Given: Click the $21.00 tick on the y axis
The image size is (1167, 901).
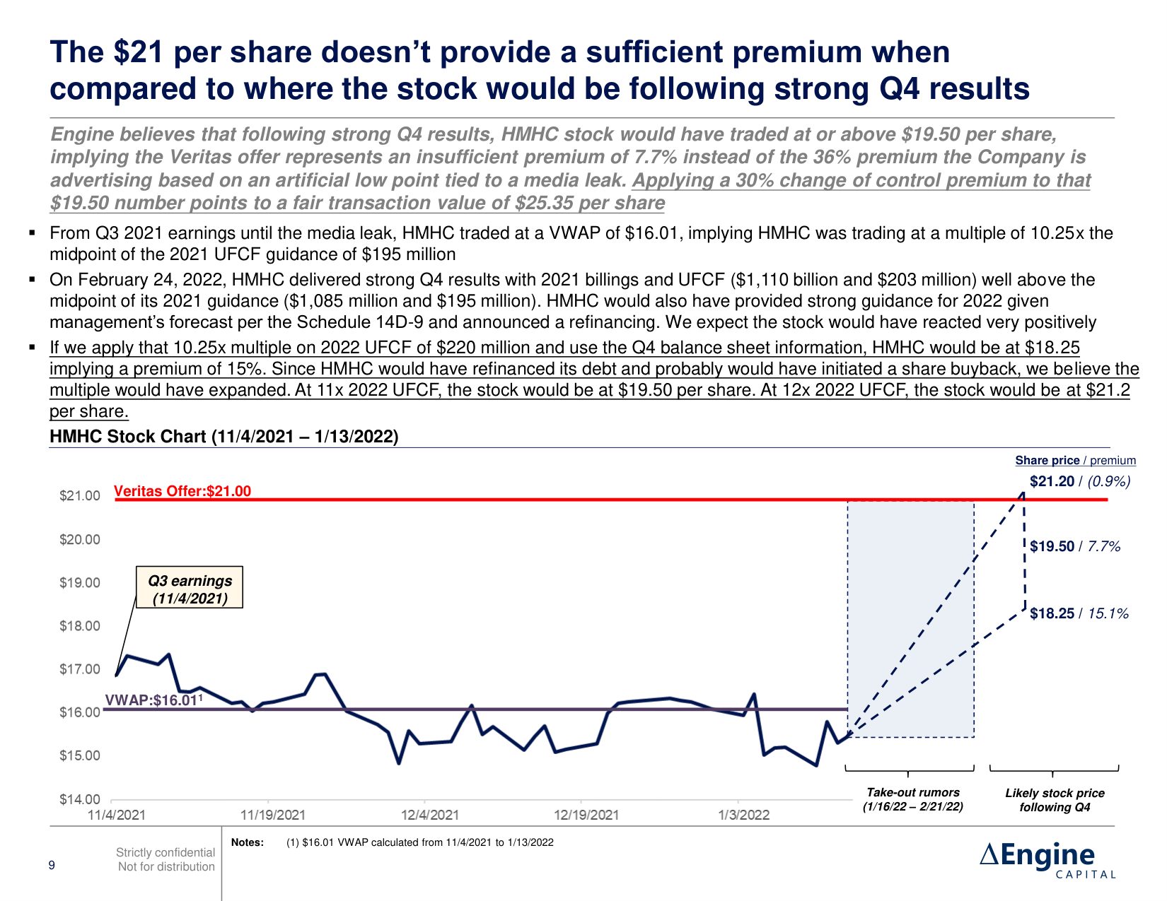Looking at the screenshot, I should (x=80, y=496).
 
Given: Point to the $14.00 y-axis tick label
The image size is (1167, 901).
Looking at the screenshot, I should (x=80, y=799).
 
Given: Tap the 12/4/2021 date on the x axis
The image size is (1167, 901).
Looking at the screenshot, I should (x=430, y=815).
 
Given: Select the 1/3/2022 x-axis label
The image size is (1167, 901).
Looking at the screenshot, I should (x=744, y=815).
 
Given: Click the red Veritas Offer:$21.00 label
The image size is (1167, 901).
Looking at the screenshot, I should (x=182, y=491).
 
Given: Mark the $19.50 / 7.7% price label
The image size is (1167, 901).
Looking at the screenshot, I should (x=1075, y=546).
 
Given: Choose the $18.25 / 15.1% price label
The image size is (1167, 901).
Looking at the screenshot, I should (x=1079, y=613).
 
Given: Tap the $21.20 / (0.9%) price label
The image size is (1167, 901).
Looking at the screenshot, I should (x=1080, y=482).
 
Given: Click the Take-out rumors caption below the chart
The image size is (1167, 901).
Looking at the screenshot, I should (x=912, y=799).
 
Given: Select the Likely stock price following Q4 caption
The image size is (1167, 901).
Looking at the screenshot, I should (x=1055, y=800).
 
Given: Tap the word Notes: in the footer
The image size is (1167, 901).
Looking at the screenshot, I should (x=248, y=842).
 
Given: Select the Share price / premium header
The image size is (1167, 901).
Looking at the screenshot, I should (x=1075, y=461).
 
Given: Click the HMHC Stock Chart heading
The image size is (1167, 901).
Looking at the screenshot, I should (x=224, y=437).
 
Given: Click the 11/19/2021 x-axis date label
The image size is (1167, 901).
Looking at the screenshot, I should (x=273, y=815).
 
